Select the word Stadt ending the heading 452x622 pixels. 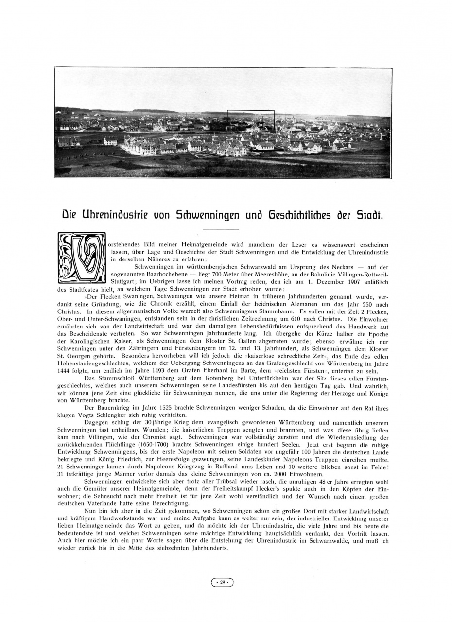[x=371, y=215]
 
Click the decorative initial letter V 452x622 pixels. [x=81, y=258]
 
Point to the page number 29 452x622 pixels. [x=222, y=582]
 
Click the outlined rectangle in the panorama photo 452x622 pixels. [x=251, y=122]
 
